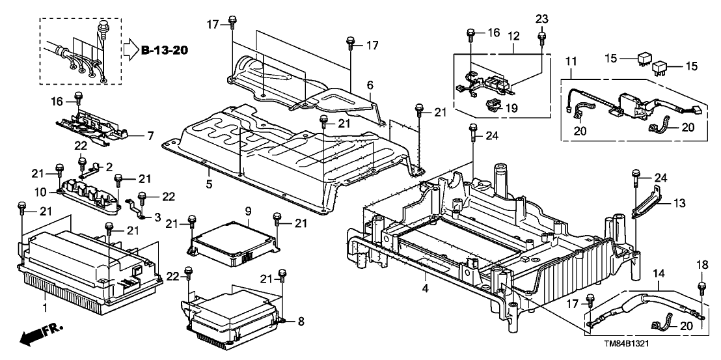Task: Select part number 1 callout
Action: coord(45,305)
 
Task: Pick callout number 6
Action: coord(370,85)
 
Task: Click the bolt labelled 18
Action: coord(702,286)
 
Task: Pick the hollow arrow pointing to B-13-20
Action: coord(130,50)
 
